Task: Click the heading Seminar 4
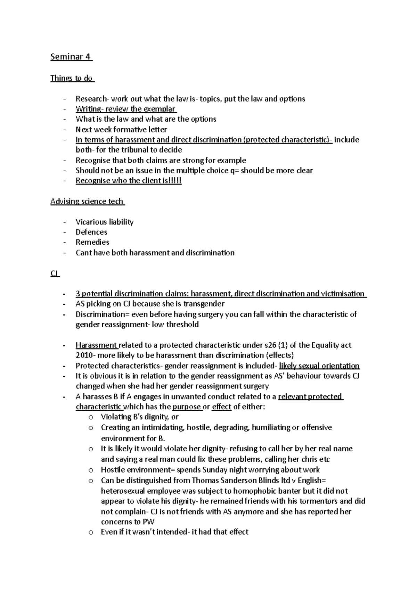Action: pos(71,57)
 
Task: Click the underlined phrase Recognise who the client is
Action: pos(128,181)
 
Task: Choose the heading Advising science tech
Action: pos(87,202)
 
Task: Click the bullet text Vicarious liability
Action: pos(104,222)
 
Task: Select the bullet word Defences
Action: pos(91,232)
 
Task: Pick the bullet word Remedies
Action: pos(92,242)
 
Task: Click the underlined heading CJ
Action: pos(55,274)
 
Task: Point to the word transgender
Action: pos(204,304)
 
